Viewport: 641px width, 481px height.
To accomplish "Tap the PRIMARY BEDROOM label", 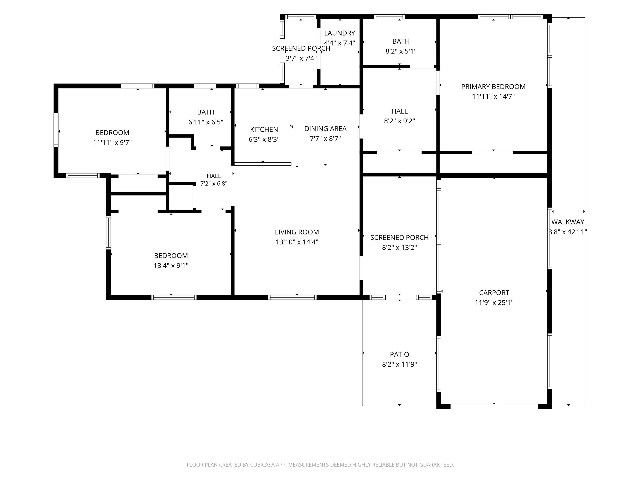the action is point(493,87).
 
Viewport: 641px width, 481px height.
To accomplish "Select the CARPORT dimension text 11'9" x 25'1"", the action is point(494,303).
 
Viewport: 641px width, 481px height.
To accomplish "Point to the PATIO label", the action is point(399,354).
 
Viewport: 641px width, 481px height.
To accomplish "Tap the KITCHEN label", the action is point(264,130).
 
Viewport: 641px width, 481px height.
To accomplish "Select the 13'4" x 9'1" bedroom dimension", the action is point(171,266).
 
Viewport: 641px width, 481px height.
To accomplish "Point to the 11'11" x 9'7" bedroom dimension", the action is point(112,143).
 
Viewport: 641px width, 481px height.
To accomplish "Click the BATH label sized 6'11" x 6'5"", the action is point(206,112).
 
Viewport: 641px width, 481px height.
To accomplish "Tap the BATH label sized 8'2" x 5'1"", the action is point(401,42).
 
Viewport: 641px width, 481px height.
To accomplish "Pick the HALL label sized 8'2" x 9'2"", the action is point(400,111).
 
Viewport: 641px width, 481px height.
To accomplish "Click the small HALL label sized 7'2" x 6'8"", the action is point(214,176).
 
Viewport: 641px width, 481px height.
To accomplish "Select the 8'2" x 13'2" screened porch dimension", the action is point(399,248).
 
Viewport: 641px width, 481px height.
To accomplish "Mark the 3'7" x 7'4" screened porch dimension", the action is point(301,58).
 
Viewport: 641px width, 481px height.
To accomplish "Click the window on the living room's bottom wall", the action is point(292,297).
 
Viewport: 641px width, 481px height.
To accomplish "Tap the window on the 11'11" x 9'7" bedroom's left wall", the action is point(56,130).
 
